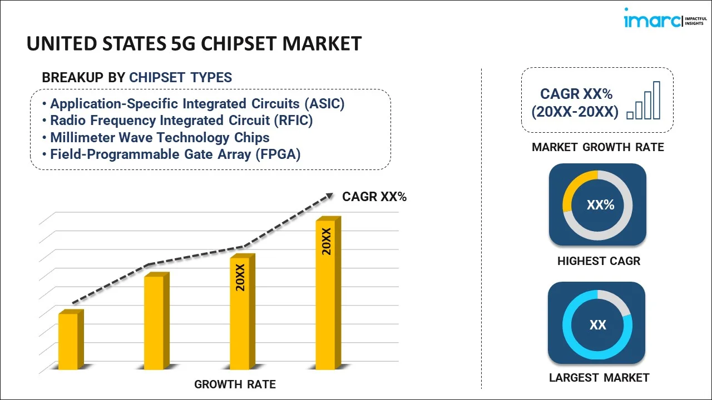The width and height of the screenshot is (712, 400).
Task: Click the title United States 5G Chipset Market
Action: tap(194, 44)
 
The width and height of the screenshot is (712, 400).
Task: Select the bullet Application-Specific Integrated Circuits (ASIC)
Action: tap(197, 104)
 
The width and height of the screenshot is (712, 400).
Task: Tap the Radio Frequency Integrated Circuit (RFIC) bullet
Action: tap(181, 121)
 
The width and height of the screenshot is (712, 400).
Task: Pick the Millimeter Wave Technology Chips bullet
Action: tap(160, 137)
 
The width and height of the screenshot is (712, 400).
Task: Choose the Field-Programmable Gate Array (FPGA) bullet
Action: tap(175, 154)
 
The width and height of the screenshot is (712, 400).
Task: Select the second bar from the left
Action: tap(154, 322)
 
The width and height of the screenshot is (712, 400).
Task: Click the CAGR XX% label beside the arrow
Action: tap(374, 197)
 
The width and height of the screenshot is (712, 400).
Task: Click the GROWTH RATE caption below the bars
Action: tap(235, 384)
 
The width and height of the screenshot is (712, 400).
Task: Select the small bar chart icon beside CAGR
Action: tap(644, 101)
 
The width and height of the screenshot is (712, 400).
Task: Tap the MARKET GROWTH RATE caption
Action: tap(598, 147)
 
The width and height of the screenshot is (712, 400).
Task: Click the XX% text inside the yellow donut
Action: tap(600, 205)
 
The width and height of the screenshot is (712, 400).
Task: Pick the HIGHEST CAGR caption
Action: tap(599, 261)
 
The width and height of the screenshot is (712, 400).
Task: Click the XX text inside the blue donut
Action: tap(597, 325)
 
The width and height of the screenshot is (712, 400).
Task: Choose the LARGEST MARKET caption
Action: tap(599, 378)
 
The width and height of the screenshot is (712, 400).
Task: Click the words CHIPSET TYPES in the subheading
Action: tap(181, 77)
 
